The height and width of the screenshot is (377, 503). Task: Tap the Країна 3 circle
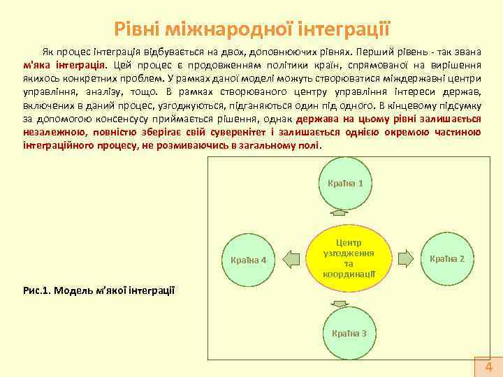pyautogui.click(x=349, y=333)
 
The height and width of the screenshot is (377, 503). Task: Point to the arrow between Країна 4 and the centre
pyautogui.click(x=290, y=258)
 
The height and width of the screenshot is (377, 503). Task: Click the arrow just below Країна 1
pyautogui.click(x=341, y=214)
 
